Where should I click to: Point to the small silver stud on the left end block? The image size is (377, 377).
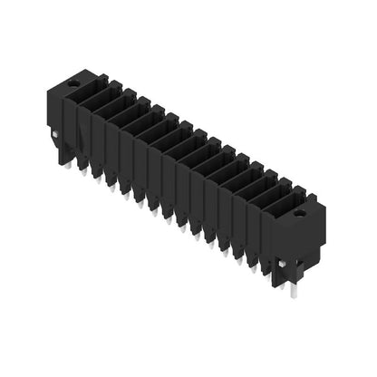tap(57, 136)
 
